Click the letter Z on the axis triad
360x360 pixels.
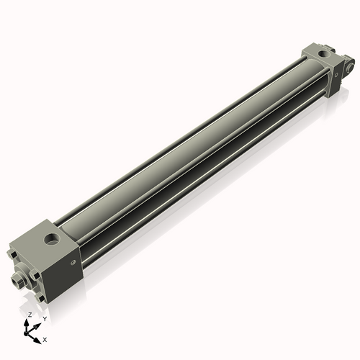tap(29, 315)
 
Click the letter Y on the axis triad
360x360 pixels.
tap(45, 318)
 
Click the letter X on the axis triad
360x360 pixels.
tap(45, 338)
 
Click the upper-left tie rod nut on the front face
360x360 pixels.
tap(12, 253)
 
